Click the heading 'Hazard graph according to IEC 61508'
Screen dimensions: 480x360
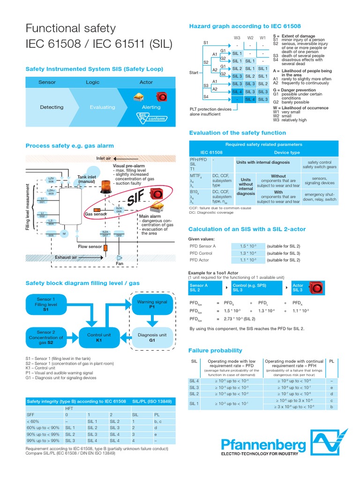245,26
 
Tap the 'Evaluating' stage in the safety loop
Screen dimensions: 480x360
102,107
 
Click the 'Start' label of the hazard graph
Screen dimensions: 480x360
194,73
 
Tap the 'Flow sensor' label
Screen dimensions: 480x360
90,246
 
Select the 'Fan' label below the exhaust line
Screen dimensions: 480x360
119,264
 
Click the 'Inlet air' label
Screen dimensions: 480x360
104,158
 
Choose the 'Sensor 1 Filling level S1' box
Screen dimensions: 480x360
45,304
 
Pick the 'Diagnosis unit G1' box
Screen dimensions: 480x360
152,338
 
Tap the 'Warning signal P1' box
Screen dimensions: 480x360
152,305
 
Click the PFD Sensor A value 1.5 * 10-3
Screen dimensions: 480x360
247,246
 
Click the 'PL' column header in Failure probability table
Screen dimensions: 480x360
332,361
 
